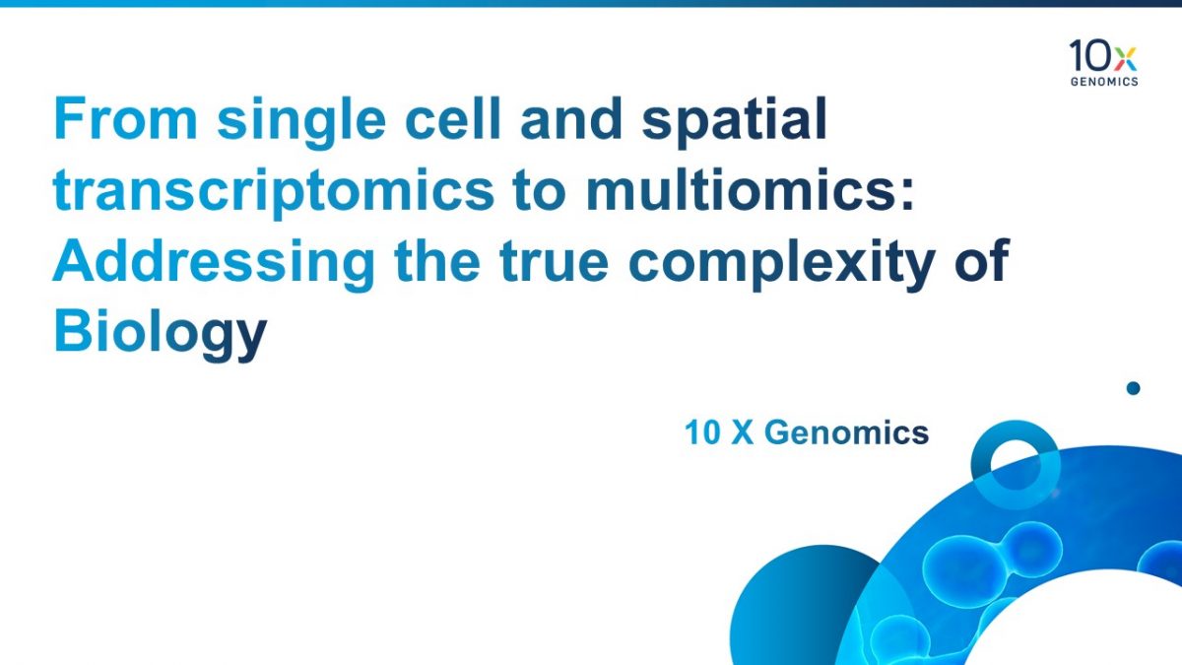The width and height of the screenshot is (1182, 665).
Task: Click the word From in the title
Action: click(x=126, y=118)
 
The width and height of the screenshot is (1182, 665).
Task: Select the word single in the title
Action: click(x=301, y=123)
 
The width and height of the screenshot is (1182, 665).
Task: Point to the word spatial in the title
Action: click(x=734, y=123)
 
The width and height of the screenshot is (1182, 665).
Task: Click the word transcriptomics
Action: click(x=274, y=194)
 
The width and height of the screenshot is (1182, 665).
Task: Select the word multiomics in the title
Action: click(x=750, y=189)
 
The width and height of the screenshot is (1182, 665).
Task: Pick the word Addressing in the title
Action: click(x=214, y=265)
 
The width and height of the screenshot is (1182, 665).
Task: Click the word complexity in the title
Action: click(x=782, y=265)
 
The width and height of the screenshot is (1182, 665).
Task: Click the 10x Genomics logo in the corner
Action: click(x=1103, y=63)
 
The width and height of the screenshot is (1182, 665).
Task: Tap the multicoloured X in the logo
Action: click(x=1126, y=58)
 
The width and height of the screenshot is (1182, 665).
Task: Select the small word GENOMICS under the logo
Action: click(x=1104, y=81)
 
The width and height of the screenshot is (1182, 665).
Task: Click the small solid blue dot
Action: click(x=1133, y=388)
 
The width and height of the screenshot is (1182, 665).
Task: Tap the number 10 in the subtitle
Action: click(x=703, y=432)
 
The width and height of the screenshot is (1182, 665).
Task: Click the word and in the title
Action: click(x=571, y=118)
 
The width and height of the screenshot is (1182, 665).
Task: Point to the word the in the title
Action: click(x=437, y=260)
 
